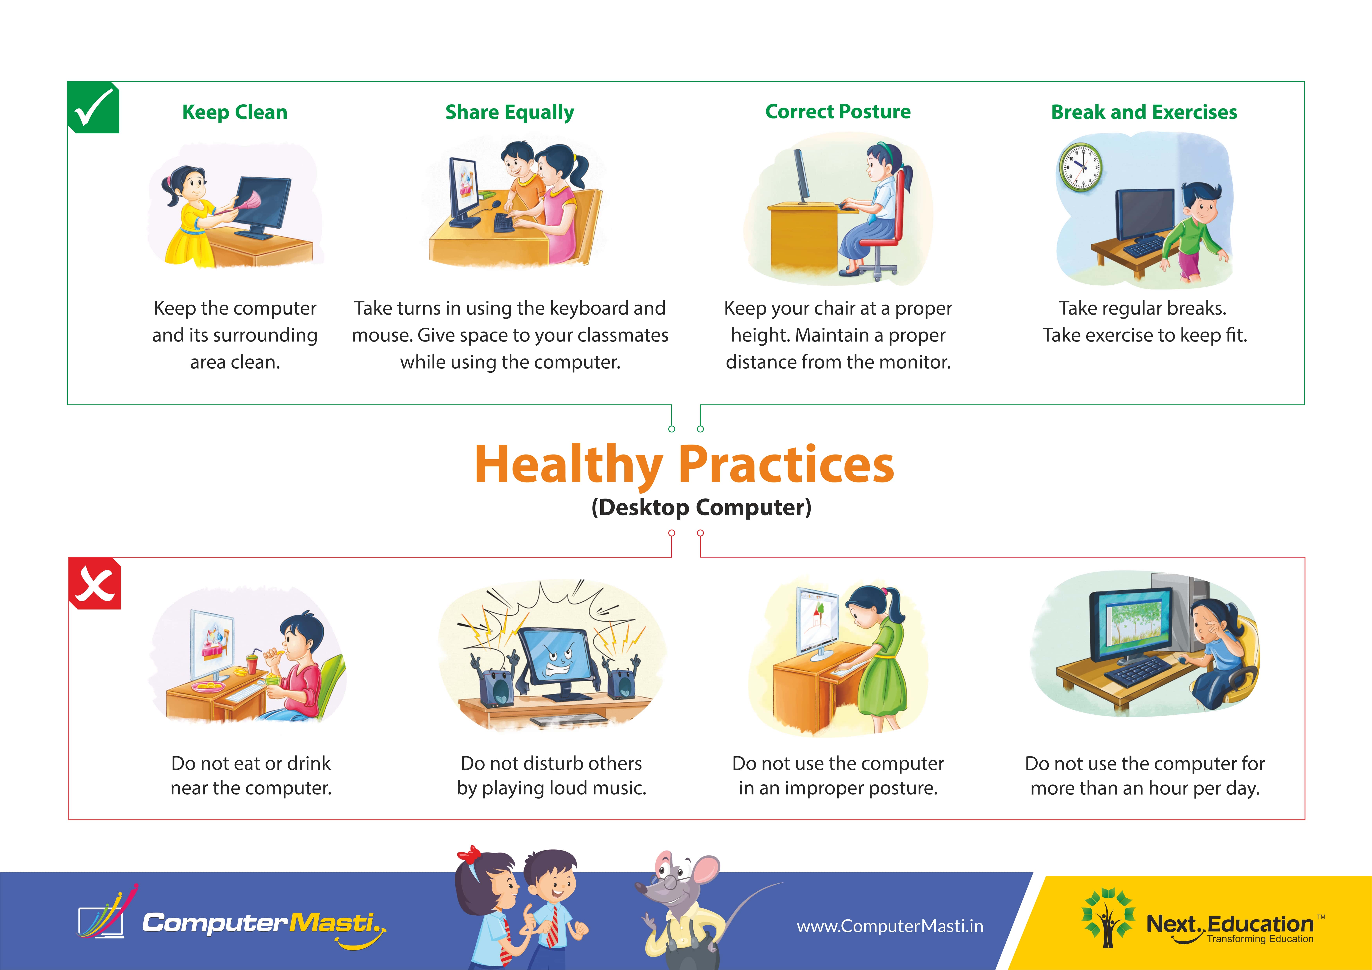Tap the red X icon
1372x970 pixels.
[x=95, y=584]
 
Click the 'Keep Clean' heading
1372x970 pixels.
[x=235, y=112]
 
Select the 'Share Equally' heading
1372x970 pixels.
[x=510, y=112]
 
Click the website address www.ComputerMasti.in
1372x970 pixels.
[x=890, y=926]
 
